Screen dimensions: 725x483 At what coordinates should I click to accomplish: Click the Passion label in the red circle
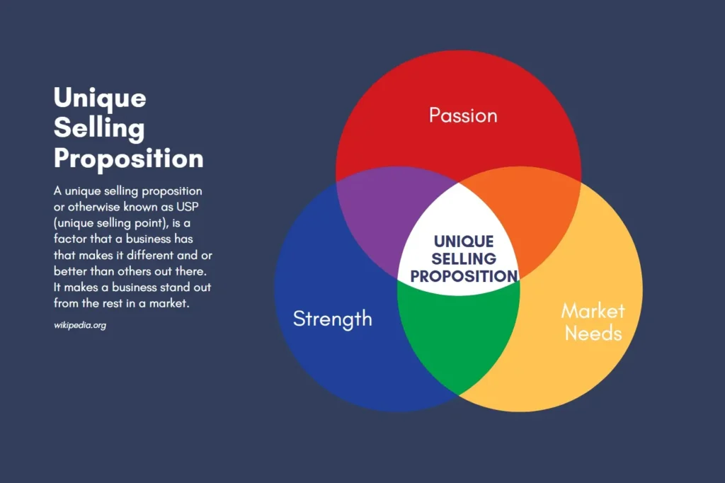click(463, 115)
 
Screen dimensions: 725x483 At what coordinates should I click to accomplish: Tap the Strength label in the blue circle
click(333, 319)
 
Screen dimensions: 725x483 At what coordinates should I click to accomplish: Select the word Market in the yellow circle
click(593, 310)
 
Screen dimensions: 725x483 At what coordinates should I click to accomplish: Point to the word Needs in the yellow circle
click(593, 333)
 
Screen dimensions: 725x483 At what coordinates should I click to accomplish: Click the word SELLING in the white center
click(464, 258)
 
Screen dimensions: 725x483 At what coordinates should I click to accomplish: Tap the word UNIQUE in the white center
click(464, 241)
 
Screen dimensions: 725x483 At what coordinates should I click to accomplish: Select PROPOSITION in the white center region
click(464, 276)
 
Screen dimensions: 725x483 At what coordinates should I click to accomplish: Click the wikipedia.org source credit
click(80, 325)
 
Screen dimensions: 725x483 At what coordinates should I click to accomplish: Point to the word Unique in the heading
click(100, 98)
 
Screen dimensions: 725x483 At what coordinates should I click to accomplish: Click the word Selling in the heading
click(99, 128)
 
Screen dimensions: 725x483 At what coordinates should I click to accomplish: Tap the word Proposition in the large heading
click(129, 159)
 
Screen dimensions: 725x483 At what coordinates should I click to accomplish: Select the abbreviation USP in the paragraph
click(187, 207)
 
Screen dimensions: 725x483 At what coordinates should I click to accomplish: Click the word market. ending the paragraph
click(169, 303)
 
